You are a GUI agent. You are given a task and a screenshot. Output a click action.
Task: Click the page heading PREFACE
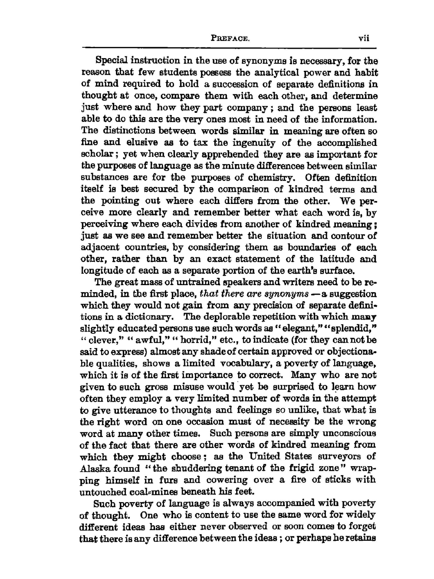click(230, 38)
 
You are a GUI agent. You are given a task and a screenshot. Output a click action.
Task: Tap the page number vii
click(364, 38)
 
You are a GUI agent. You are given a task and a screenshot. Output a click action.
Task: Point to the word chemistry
click(271, 178)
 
